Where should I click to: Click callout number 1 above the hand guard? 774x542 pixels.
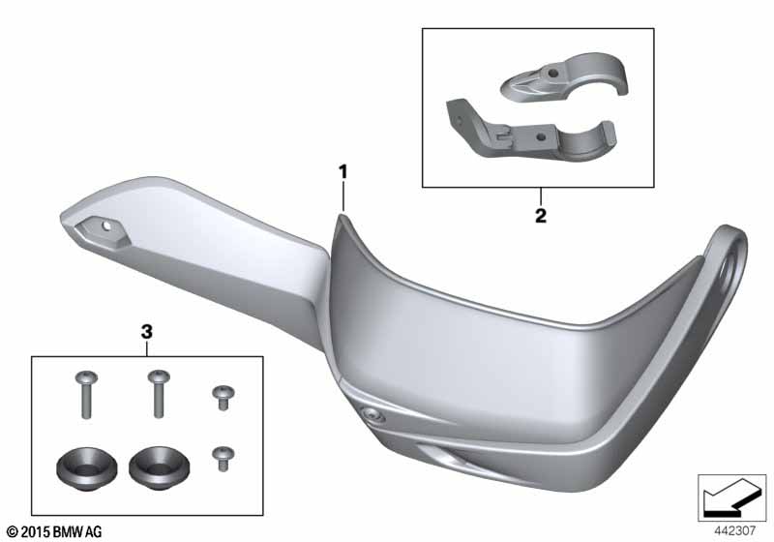point(342,172)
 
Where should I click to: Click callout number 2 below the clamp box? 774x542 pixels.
point(541,216)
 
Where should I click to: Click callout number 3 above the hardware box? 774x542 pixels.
point(147,332)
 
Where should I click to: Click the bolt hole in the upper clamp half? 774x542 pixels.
point(552,74)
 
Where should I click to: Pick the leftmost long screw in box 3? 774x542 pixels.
point(86,395)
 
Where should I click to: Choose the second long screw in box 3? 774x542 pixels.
point(159,393)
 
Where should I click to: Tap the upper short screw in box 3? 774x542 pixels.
point(223,398)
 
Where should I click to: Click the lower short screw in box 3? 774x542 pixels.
point(223,459)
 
